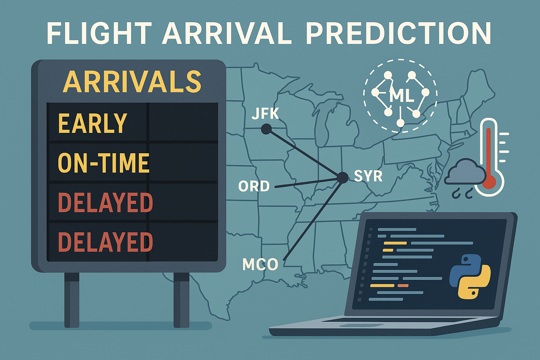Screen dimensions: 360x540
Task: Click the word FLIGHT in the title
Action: click(99, 34)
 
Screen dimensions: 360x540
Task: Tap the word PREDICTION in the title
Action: click(398, 34)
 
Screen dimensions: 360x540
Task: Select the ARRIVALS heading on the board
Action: click(132, 82)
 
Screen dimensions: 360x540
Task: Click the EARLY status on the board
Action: click(92, 123)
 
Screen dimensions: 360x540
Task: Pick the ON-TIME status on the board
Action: click(104, 163)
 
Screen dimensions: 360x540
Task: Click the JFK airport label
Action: click(265, 114)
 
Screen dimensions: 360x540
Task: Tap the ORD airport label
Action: click(254, 186)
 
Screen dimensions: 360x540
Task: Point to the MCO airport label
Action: click(260, 264)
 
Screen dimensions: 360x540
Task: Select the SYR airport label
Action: click(368, 176)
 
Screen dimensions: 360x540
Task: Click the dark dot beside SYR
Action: click(341, 178)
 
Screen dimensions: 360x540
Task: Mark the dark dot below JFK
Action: click(266, 130)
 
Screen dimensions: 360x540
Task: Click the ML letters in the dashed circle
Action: click(401, 96)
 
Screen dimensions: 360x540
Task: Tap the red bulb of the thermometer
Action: click(489, 181)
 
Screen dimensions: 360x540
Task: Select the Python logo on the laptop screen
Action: click(470, 276)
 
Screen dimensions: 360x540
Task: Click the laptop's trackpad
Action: click(352, 326)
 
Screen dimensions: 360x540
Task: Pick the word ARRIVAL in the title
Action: click(226, 34)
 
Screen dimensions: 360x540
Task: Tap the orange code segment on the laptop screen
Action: click(403, 285)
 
